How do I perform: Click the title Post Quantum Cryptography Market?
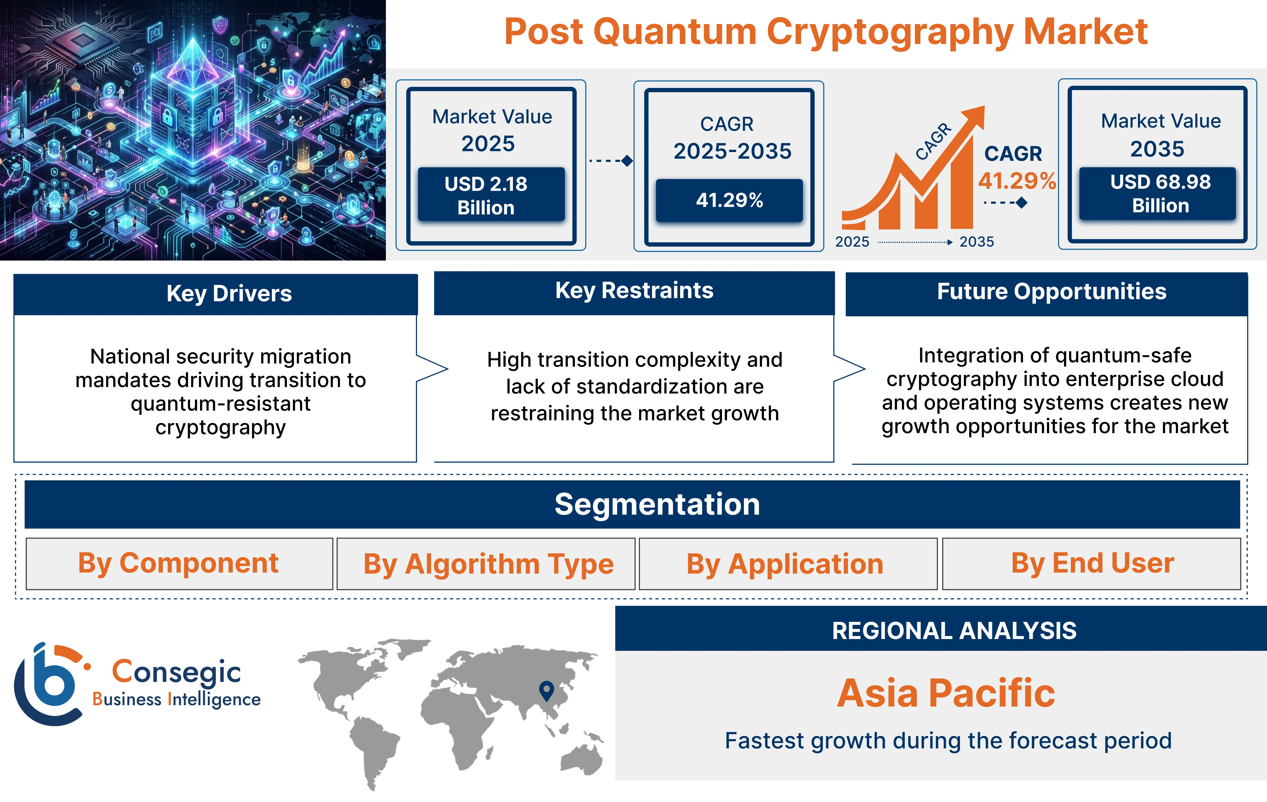click(825, 32)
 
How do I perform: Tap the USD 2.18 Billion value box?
click(491, 195)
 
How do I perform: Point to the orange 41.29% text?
click(1017, 181)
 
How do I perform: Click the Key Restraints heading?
click(634, 291)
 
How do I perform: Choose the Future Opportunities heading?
click(1051, 291)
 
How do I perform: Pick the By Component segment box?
click(179, 564)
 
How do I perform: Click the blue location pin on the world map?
click(547, 689)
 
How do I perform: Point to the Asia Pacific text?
click(945, 693)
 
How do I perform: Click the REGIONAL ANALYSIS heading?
click(954, 630)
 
